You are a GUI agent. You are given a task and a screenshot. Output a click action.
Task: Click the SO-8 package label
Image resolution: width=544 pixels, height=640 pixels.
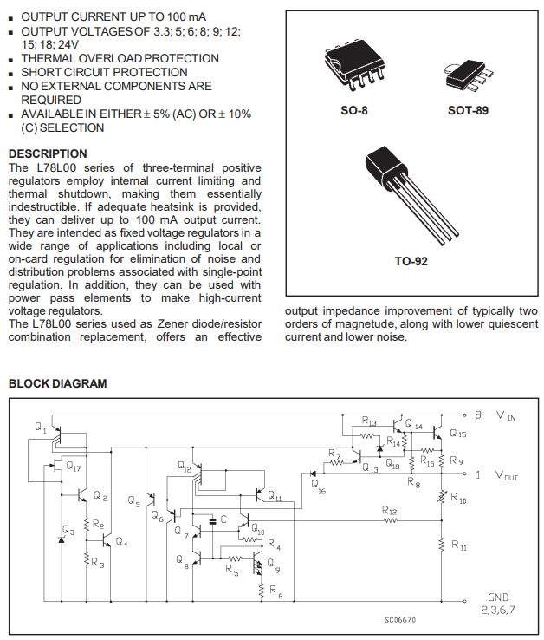coord(353,111)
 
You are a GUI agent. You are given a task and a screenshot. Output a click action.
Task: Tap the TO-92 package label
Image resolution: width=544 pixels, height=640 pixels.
coord(411,260)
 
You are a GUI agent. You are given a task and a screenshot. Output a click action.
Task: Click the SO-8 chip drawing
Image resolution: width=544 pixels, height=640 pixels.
coord(353,64)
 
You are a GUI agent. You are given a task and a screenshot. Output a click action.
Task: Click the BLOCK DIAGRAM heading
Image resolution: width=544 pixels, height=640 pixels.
coord(57,383)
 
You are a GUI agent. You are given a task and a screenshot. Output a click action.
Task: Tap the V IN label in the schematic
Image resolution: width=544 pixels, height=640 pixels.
coord(506,416)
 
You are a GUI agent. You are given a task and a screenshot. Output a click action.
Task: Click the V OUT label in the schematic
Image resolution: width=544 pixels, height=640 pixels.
coord(507,475)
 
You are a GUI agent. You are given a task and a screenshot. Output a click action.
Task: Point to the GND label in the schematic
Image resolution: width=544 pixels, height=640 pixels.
coord(499,598)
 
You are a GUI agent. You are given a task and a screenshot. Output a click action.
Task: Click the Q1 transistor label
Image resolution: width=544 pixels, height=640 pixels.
coord(41,428)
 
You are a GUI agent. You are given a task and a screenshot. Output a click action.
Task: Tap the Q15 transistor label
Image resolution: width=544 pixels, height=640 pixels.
coord(457,434)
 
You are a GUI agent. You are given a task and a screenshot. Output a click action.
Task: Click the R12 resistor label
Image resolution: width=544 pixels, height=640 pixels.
coord(389,512)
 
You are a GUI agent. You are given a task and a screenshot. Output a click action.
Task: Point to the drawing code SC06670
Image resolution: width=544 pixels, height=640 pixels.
coord(400,620)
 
